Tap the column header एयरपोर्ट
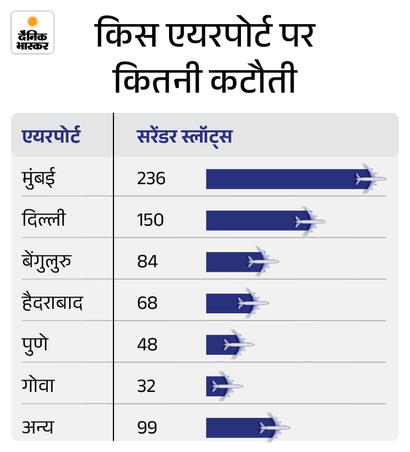pos(51,136)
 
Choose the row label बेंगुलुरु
pos(51,261)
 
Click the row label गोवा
pos(39,386)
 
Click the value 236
pos(151,179)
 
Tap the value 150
pos(150,220)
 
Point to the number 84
pos(147,261)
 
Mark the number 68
pos(147,303)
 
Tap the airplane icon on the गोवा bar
pos(226,386)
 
